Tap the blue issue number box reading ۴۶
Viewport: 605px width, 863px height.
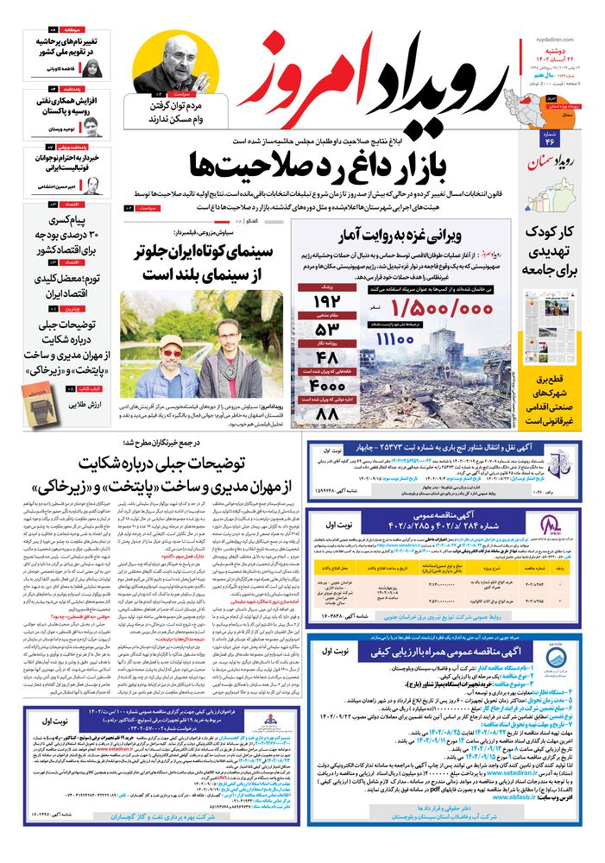(x=549, y=142)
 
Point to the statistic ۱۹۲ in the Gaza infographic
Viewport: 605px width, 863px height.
(x=328, y=301)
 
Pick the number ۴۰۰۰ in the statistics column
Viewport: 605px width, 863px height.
(x=328, y=386)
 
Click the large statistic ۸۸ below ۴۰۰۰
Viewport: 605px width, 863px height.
(x=328, y=415)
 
